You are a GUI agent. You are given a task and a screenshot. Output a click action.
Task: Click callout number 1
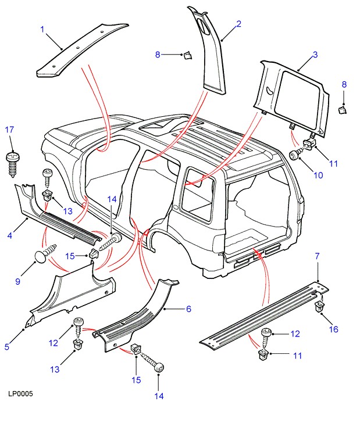click(42, 29)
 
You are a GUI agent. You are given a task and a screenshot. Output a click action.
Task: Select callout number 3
click(315, 55)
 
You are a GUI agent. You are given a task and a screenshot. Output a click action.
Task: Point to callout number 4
click(10, 235)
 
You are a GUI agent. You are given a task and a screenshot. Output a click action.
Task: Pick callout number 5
click(7, 347)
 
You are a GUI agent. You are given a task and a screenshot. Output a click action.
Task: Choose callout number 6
click(188, 309)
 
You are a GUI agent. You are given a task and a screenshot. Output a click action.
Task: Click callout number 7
click(317, 256)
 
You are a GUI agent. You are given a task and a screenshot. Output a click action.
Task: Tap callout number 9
click(17, 282)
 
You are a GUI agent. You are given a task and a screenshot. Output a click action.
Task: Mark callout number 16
click(333, 329)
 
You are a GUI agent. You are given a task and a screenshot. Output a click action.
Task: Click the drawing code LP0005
click(20, 394)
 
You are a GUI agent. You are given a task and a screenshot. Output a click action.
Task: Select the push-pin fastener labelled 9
click(44, 254)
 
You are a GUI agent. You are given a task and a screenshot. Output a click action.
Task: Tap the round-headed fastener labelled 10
click(297, 154)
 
